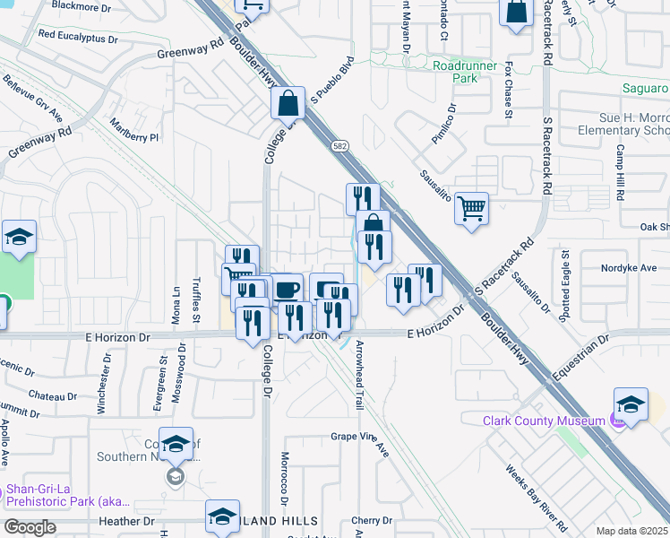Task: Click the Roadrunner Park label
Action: click(x=467, y=72)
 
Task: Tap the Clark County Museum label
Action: click(x=543, y=421)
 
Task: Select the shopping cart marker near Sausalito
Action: click(x=471, y=209)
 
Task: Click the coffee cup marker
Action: click(x=287, y=290)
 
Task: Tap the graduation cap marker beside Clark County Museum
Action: click(x=631, y=404)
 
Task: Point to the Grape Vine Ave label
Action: click(x=357, y=437)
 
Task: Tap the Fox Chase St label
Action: click(x=508, y=90)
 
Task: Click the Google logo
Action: click(x=30, y=527)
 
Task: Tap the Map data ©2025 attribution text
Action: click(x=631, y=531)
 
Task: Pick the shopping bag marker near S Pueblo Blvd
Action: click(x=288, y=103)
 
